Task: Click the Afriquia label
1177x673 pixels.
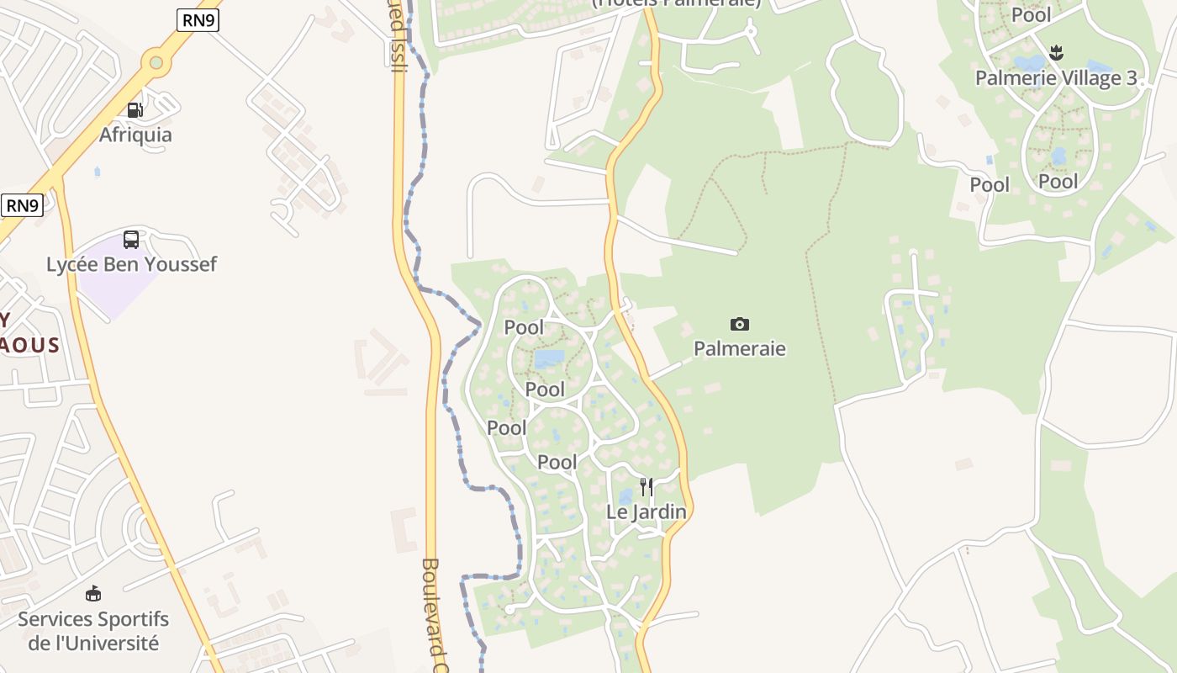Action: coord(135,135)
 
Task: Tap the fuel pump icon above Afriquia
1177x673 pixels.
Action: coord(135,109)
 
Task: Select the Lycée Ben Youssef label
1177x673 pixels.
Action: coord(131,264)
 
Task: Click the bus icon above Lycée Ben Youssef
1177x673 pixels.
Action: coord(131,240)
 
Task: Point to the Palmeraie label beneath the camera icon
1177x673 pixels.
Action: coord(739,348)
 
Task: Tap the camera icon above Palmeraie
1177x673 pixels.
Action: coord(740,324)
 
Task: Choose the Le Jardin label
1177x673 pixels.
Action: coord(647,511)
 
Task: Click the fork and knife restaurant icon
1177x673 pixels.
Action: coord(646,486)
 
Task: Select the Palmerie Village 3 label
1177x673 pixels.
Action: coord(1056,78)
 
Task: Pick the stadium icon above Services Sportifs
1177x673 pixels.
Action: coord(93,594)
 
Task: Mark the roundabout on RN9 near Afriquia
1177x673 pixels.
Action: coord(156,61)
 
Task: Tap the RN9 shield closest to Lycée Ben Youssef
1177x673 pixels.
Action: coord(22,205)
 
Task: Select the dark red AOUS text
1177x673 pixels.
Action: coord(30,345)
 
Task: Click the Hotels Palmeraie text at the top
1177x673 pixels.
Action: coord(677,3)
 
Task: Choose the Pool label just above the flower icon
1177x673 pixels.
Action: coord(1032,15)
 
